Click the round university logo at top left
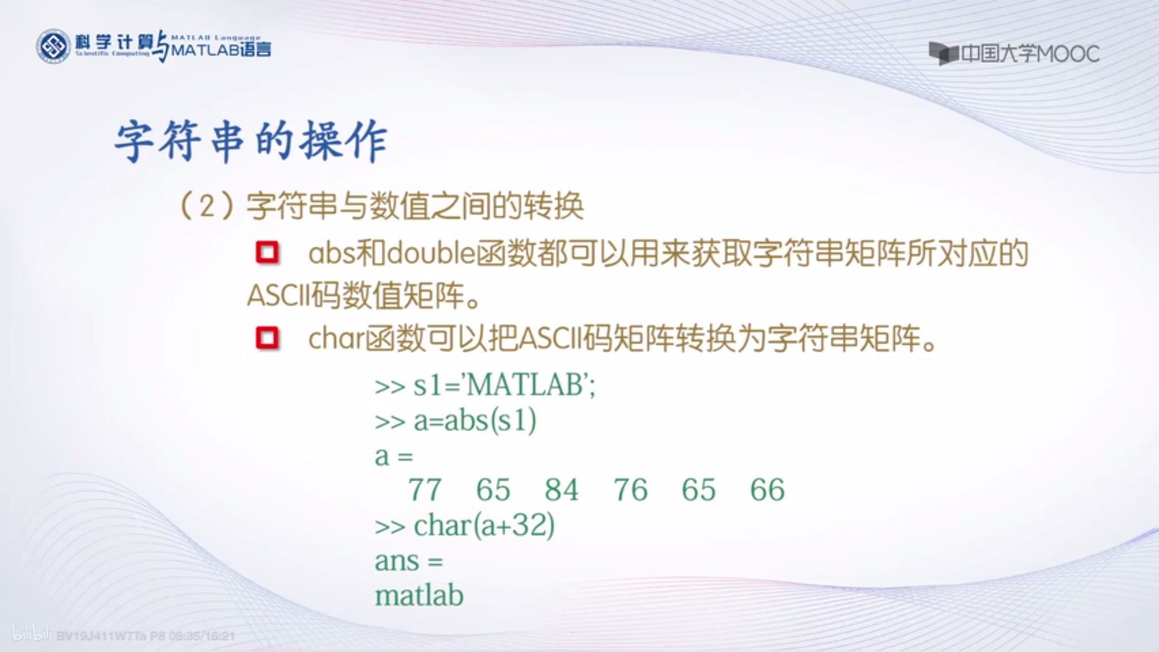tap(53, 46)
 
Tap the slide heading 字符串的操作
tap(251, 141)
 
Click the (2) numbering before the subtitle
tap(206, 206)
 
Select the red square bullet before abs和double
tap(267, 253)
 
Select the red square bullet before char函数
tap(267, 338)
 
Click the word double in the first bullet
tap(431, 253)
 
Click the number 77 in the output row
tap(424, 490)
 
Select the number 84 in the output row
tap(561, 490)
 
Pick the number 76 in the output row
tap(630, 490)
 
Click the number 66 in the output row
tap(767, 490)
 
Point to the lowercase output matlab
tap(419, 596)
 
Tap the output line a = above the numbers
tap(394, 456)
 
